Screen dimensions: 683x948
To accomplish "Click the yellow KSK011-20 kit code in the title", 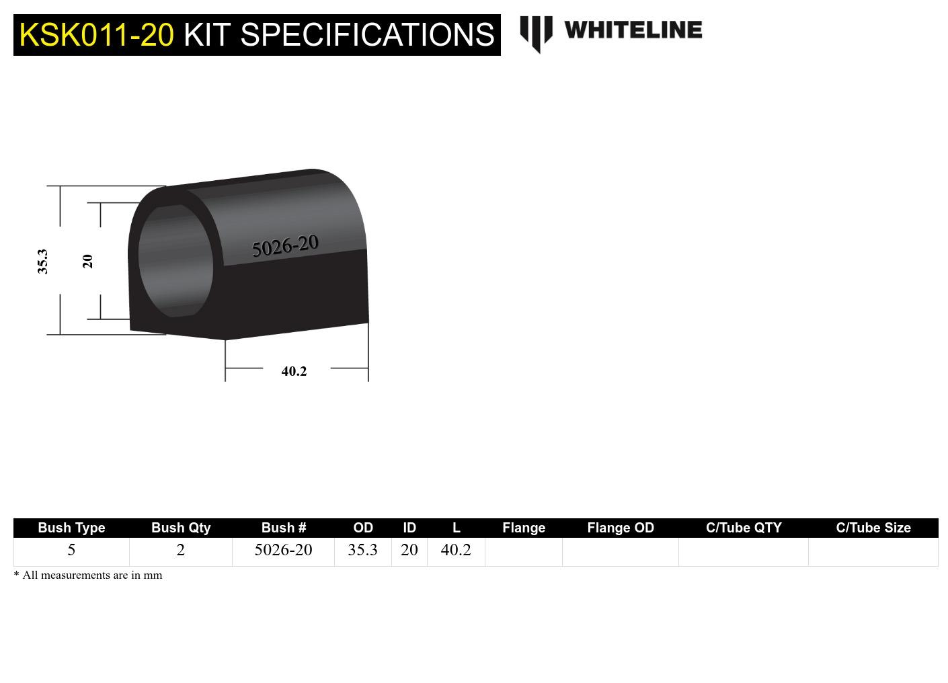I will point(96,35).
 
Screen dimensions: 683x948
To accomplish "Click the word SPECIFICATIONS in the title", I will point(367,35).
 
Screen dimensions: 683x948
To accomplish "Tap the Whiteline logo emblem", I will point(536,34).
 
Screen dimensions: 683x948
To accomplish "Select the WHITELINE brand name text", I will point(633,30).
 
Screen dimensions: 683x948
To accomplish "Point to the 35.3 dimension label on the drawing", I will point(42,262).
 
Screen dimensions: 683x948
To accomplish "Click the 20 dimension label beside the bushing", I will point(87,262).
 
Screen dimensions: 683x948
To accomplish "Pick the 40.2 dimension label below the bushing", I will point(294,371).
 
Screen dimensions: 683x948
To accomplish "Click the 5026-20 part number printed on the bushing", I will point(285,246).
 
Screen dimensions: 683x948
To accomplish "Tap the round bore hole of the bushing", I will point(175,262).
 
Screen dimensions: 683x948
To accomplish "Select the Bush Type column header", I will point(71,528).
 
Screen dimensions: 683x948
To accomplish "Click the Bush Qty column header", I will point(181,528).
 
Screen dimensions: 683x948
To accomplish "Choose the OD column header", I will point(363,528).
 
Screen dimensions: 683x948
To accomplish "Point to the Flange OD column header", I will point(621,528).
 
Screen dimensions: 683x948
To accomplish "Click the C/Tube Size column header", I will point(873,528).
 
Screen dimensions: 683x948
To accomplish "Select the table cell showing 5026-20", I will point(283,550).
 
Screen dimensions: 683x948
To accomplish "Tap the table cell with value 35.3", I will point(363,550).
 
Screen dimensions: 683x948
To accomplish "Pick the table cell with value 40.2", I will point(456,550).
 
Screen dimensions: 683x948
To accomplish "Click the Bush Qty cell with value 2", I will point(180,550).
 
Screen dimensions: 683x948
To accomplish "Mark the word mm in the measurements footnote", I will point(153,575).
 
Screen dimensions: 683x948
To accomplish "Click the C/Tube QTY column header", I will point(744,528).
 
